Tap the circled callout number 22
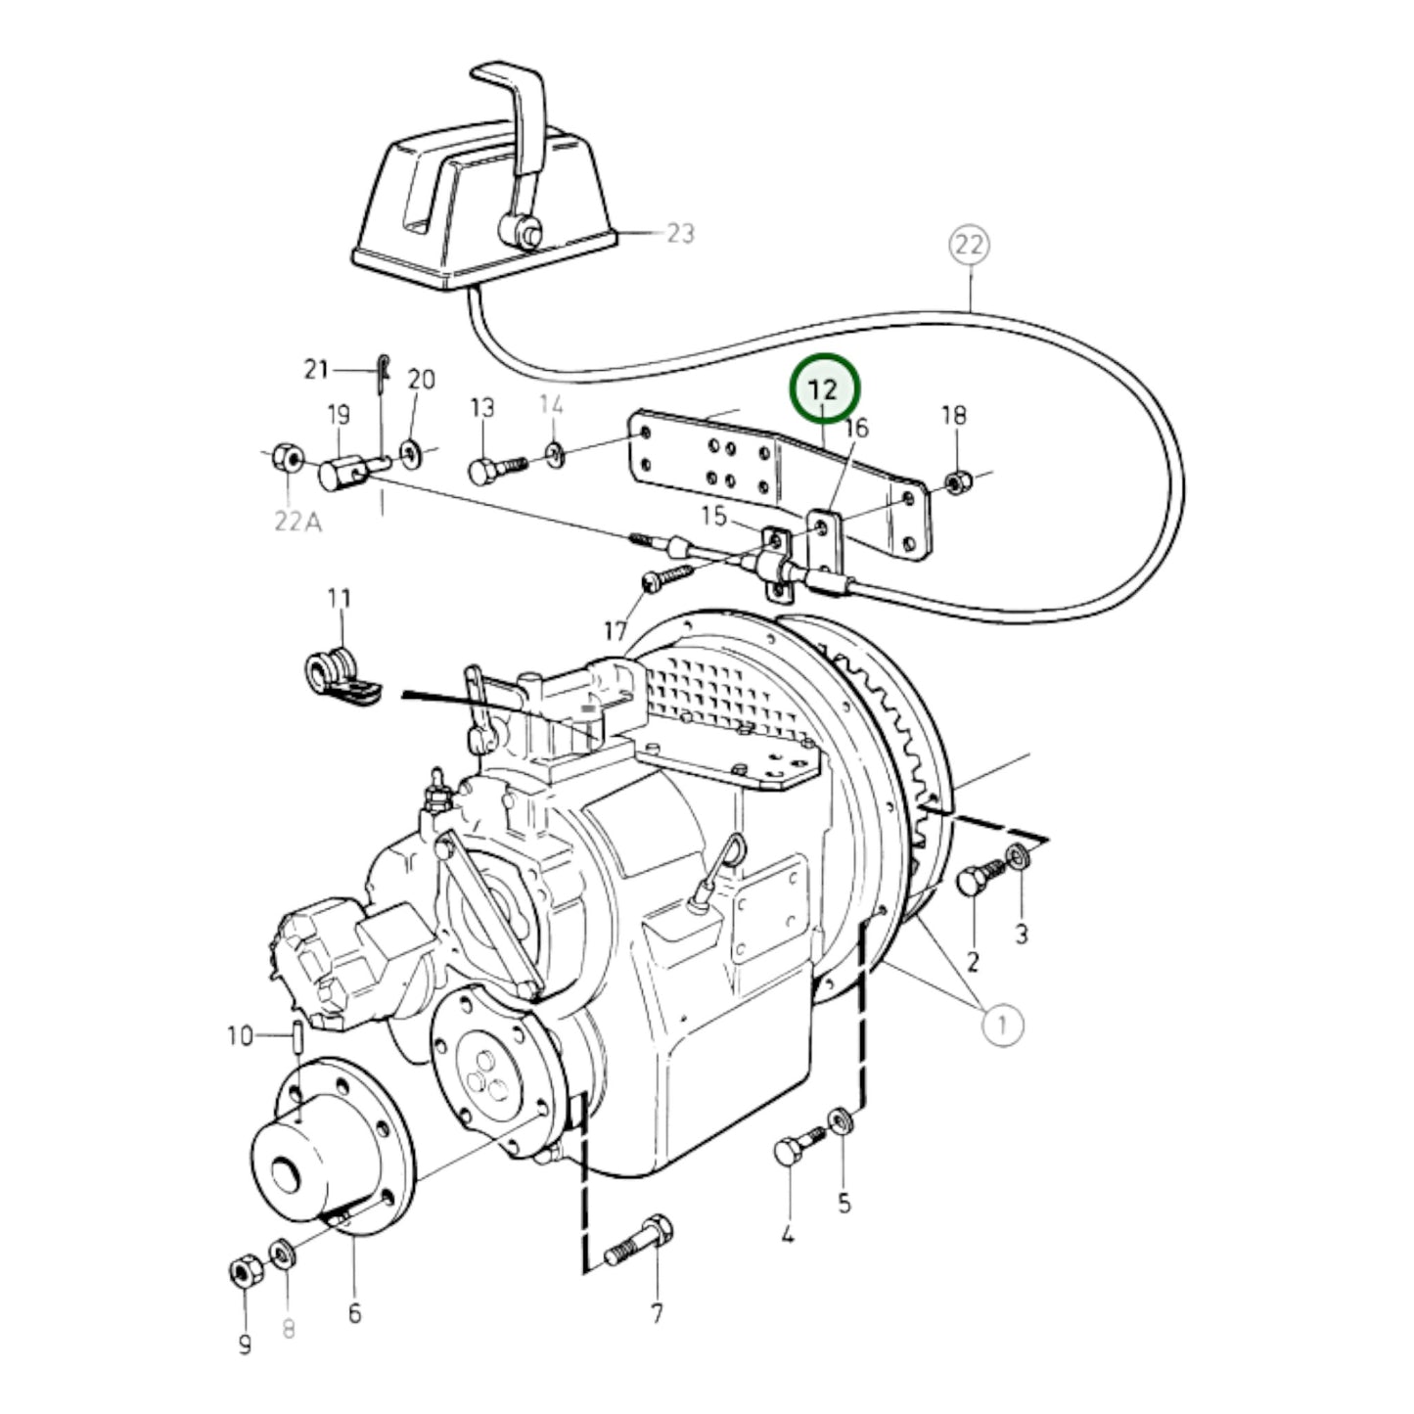pos(970,245)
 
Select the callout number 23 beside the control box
pos(680,233)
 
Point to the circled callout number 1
pos(1002,1025)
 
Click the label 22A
pos(298,521)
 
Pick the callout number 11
pos(339,598)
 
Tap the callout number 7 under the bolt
pos(656,1313)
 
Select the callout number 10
pos(240,1036)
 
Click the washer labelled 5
pos(840,1142)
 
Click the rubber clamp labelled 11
pos(341,677)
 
